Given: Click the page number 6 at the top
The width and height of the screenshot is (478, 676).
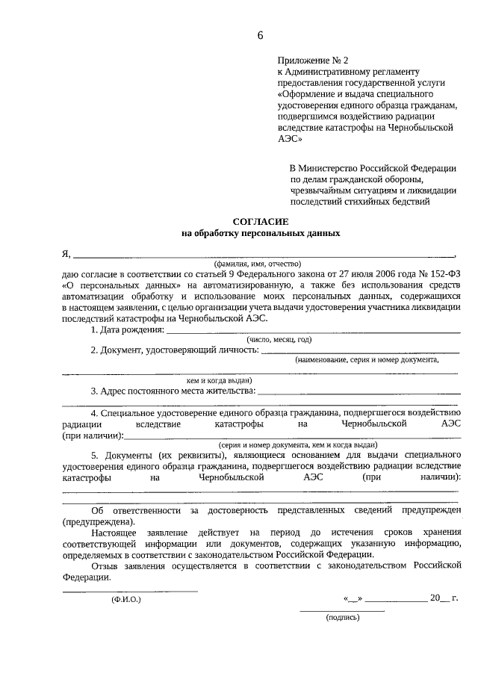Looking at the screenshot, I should (261, 35).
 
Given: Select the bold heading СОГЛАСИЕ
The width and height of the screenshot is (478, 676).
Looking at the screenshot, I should (260, 221).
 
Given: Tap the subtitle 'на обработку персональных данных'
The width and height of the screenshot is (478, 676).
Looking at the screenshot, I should (261, 233).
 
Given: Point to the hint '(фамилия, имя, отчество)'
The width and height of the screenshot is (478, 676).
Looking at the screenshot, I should (257, 264).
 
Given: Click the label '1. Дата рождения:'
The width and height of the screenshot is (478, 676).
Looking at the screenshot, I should (127, 329).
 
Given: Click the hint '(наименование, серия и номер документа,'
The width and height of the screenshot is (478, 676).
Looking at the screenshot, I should (367, 360).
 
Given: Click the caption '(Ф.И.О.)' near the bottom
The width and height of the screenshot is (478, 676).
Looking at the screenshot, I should (125, 599).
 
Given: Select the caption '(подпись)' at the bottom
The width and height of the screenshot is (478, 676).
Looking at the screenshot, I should (343, 618).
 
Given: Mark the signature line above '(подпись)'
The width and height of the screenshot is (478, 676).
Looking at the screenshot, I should (342, 610).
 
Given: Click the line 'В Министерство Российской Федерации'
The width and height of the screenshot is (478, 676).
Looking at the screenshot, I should (373, 169).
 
